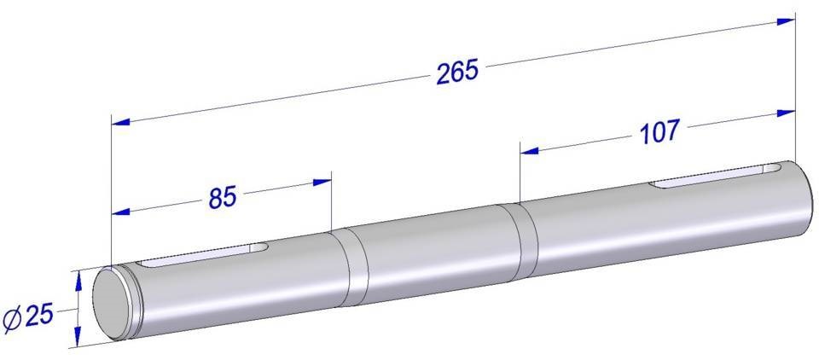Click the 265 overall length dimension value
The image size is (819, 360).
point(457,72)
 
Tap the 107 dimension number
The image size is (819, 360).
point(659,131)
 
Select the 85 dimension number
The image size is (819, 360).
point(223,197)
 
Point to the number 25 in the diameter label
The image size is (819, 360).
point(39,316)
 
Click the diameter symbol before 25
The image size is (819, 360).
point(12,321)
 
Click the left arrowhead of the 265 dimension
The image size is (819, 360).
point(120,122)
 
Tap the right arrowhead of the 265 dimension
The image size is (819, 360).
point(786,21)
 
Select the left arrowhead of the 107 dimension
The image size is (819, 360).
point(529,151)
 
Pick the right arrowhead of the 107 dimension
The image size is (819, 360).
point(786,113)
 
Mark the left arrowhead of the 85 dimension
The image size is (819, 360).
point(120,212)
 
